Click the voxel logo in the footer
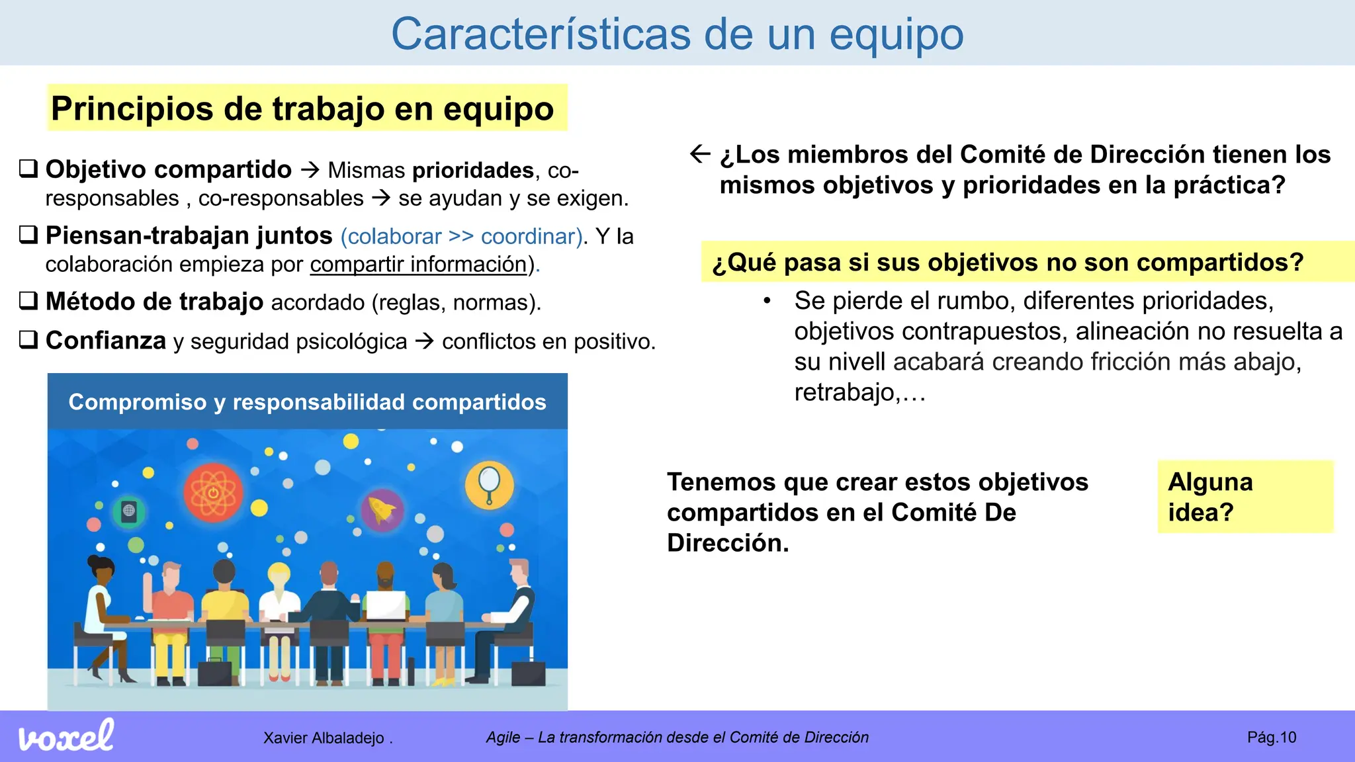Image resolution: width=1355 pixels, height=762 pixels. click(x=66, y=736)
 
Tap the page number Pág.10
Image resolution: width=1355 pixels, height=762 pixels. click(x=1271, y=738)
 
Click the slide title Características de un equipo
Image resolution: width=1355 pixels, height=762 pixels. click(x=677, y=34)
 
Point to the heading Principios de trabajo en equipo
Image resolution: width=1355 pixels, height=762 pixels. click(x=302, y=108)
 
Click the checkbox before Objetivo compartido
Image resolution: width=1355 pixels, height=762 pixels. click(x=28, y=169)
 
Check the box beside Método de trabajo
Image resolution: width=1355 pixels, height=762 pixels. click(x=28, y=301)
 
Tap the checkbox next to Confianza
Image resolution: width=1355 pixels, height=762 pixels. click(x=28, y=340)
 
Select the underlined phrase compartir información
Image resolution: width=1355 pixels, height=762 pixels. click(x=418, y=265)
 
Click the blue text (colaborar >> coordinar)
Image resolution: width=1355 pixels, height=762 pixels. click(x=462, y=236)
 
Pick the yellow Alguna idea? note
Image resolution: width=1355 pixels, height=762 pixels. click(x=1245, y=497)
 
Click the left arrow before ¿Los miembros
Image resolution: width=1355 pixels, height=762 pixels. click(x=700, y=154)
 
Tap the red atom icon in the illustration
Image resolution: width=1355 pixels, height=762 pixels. click(x=213, y=493)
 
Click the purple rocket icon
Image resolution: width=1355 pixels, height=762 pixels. click(x=382, y=510)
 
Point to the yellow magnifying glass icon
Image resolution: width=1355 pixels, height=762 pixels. click(x=489, y=484)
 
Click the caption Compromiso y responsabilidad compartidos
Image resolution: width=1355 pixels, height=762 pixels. click(x=307, y=402)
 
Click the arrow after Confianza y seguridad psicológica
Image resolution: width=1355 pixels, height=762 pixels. click(x=424, y=341)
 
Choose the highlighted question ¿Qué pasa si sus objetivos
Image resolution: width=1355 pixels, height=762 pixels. click(x=1008, y=263)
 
